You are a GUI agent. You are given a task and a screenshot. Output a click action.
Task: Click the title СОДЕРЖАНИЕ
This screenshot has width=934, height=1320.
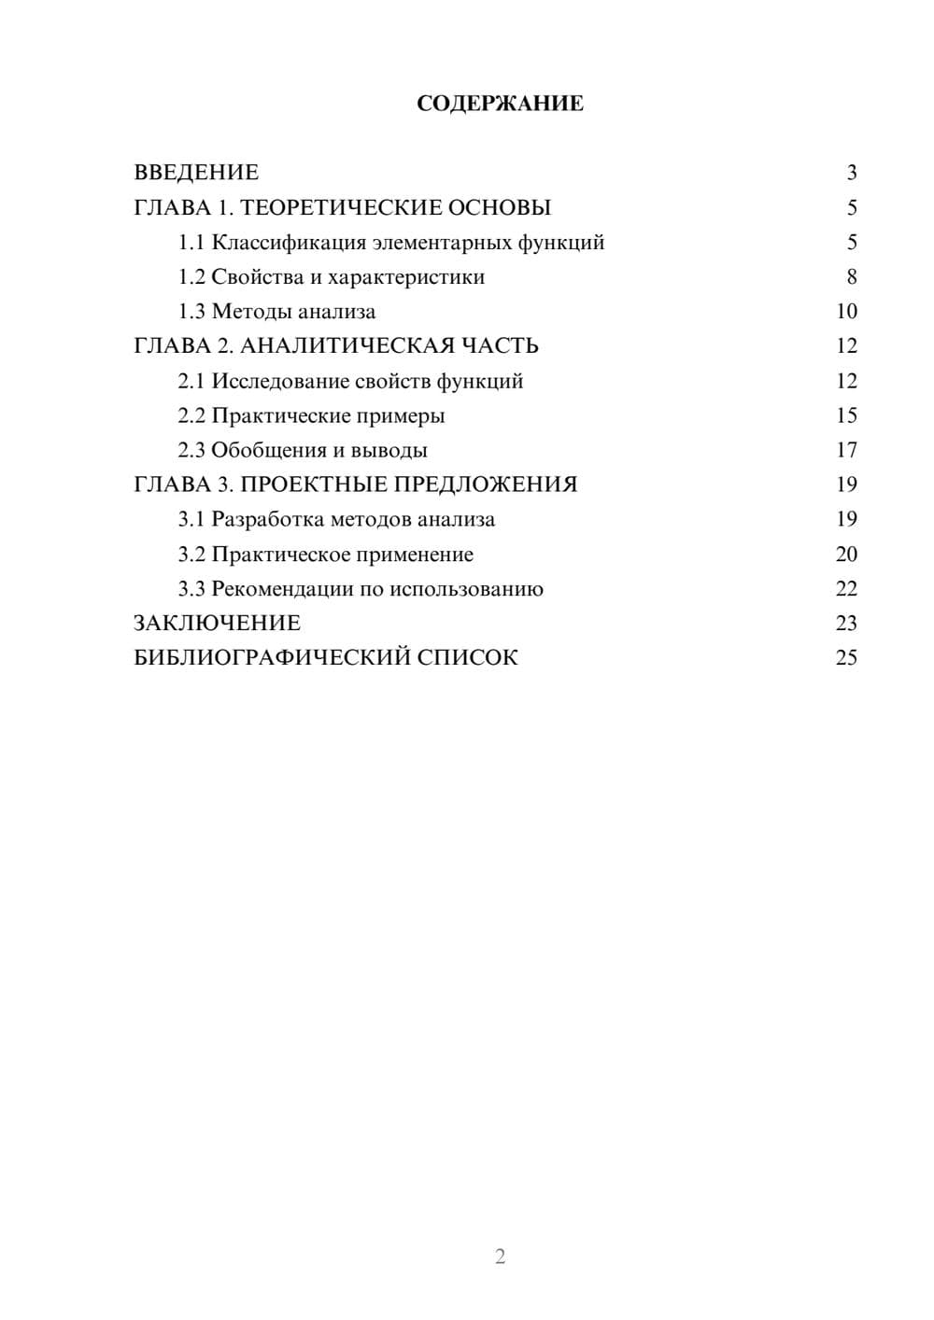500,104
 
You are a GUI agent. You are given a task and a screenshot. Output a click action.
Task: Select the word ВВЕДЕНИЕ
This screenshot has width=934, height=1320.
196,173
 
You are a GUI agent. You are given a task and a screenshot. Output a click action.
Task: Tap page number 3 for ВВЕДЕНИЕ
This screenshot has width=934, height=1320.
851,173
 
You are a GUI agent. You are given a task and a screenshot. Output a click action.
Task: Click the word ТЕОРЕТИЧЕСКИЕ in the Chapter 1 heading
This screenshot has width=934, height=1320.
334,207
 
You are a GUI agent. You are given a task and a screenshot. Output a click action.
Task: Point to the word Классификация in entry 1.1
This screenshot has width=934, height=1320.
289,243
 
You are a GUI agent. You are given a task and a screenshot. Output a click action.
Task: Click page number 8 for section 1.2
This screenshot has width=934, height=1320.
851,277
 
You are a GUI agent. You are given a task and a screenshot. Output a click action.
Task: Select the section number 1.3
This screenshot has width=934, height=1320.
191,312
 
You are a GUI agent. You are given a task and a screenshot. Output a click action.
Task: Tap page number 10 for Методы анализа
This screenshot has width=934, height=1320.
846,312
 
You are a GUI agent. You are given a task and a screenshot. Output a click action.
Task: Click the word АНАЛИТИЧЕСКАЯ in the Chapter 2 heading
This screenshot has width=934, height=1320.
346,346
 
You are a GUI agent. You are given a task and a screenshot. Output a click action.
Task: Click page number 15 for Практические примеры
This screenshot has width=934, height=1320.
846,415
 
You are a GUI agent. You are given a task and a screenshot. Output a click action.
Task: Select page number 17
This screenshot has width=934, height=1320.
846,450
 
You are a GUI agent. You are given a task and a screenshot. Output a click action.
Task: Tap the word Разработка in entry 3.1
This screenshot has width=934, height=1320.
267,520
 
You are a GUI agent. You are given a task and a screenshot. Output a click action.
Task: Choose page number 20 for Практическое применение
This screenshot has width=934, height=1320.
846,555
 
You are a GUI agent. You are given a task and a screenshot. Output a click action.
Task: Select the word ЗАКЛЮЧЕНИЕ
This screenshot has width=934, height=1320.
217,624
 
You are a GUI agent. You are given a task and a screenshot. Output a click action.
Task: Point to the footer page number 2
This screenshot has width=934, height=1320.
500,1257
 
